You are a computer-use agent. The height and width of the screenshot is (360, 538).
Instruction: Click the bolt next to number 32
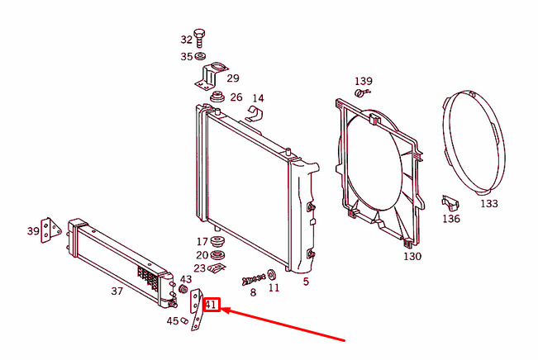click(x=199, y=38)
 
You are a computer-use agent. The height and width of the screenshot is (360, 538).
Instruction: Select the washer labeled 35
click(x=200, y=55)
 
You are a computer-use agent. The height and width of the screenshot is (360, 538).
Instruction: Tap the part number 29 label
click(x=233, y=78)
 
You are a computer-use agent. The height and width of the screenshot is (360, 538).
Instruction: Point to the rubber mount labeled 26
click(x=217, y=97)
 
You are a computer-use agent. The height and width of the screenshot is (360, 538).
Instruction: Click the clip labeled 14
click(x=255, y=114)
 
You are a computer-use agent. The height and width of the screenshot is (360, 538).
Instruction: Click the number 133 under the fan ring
click(x=489, y=204)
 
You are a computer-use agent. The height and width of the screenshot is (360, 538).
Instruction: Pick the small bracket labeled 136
click(x=450, y=202)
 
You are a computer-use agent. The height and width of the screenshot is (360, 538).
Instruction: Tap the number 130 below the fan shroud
click(x=412, y=257)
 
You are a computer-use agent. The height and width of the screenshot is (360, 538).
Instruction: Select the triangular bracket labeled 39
click(x=50, y=230)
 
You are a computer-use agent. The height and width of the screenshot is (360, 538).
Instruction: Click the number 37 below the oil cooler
click(x=117, y=291)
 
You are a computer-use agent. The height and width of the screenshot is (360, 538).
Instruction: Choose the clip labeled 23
click(x=217, y=268)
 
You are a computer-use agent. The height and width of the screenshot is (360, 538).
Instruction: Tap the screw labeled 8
click(x=254, y=280)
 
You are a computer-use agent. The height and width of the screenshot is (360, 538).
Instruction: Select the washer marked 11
click(x=273, y=275)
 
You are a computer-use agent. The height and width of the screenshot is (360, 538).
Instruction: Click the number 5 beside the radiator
click(x=306, y=282)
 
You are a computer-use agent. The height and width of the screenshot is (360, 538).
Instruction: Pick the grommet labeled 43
click(x=183, y=289)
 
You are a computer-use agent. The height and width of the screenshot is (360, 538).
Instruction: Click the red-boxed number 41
click(x=212, y=305)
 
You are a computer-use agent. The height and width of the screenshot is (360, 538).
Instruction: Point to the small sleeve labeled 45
click(x=184, y=321)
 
